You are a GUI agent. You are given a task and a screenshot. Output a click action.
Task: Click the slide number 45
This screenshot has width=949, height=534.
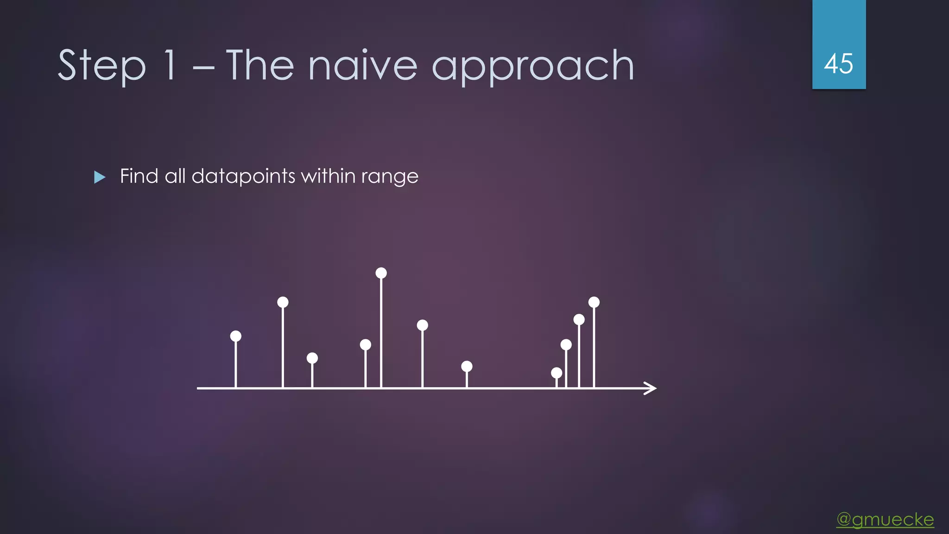838,64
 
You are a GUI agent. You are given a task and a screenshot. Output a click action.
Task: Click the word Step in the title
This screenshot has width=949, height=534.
101,66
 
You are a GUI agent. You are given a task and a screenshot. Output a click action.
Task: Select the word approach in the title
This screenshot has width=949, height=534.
533,66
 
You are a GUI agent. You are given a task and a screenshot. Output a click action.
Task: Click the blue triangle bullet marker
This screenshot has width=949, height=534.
100,177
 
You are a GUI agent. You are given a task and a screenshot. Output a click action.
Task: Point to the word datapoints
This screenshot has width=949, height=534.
243,176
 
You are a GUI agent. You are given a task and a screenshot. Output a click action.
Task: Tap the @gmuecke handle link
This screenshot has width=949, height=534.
885,519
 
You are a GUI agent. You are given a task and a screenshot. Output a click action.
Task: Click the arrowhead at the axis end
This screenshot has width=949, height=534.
652,388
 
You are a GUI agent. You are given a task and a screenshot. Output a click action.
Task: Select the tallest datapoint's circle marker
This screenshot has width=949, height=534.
381,273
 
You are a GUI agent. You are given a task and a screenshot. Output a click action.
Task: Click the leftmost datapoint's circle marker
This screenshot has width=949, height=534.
236,336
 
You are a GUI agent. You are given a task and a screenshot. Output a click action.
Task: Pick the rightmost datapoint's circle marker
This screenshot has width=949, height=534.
594,302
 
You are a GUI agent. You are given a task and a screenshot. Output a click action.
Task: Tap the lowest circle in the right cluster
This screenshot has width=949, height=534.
557,373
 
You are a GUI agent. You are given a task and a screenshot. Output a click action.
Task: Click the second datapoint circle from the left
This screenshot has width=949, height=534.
283,302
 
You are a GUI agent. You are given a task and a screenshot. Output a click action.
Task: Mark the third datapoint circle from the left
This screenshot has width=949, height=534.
312,358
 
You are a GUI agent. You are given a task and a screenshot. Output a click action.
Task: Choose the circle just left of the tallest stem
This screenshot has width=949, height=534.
366,344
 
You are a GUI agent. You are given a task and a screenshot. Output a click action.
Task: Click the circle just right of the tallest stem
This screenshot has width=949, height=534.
422,325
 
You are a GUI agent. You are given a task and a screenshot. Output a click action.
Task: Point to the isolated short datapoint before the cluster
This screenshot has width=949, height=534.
467,367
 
